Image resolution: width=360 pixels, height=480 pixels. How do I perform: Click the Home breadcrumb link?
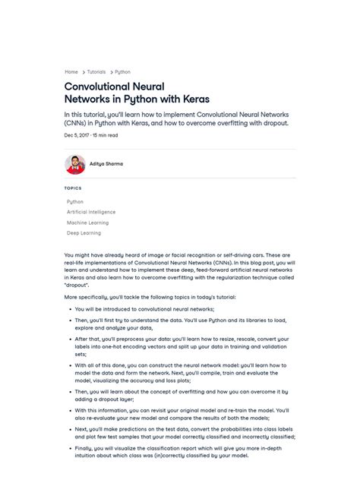click(x=71, y=72)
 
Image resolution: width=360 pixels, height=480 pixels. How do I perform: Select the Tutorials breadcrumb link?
click(x=96, y=72)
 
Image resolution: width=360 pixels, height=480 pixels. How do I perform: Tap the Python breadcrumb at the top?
click(x=122, y=72)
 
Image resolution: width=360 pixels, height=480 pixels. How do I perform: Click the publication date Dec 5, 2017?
click(x=77, y=135)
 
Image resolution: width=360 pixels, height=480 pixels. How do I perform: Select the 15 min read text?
click(x=106, y=135)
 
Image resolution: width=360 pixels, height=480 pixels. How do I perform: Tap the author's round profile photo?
click(x=74, y=164)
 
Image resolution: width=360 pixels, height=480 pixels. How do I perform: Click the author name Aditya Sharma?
click(x=106, y=164)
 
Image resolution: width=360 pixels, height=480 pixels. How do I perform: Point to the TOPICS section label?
click(x=73, y=188)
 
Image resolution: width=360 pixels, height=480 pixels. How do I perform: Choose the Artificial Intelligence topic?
click(x=91, y=213)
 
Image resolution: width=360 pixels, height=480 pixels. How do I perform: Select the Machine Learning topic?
click(x=87, y=223)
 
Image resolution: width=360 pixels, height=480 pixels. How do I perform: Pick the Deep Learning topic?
click(x=84, y=234)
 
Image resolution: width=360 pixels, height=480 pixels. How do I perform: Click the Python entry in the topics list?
click(x=75, y=202)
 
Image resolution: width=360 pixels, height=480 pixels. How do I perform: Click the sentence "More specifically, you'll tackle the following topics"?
click(x=150, y=297)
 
